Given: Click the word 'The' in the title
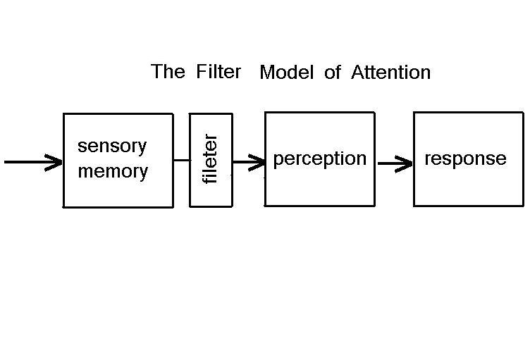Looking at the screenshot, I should click(x=168, y=72).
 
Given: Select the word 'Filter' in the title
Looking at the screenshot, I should click(x=219, y=72).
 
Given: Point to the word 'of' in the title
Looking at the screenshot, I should click(x=333, y=73).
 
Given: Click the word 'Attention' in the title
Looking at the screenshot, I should click(x=390, y=73).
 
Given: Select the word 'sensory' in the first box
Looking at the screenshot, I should click(x=112, y=147).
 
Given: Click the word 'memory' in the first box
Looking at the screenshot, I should click(x=113, y=171).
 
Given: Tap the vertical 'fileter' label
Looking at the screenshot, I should click(x=211, y=160).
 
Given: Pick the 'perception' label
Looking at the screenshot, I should click(x=319, y=159).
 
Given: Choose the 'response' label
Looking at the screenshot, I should click(x=465, y=159).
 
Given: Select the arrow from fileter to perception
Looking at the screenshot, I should click(x=248, y=162).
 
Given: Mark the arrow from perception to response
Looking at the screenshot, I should click(x=395, y=165).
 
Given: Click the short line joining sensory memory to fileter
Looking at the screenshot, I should click(x=181, y=160).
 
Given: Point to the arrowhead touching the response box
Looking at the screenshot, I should click(x=405, y=165).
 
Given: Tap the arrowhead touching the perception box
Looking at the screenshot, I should click(x=258, y=162).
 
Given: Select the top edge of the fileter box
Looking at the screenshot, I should click(x=211, y=113).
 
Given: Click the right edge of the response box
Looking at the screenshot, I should click(x=523, y=159).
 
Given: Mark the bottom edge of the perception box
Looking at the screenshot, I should click(x=319, y=206).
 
